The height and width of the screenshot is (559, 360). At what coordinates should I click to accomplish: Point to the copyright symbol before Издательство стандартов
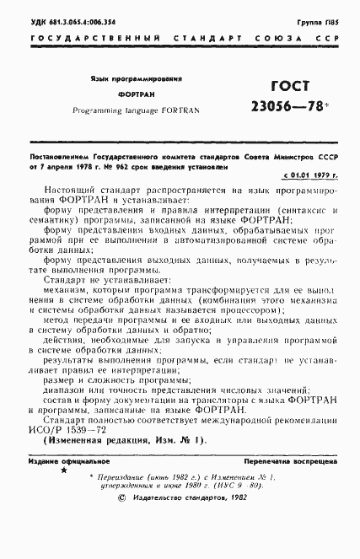(x=123, y=522)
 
